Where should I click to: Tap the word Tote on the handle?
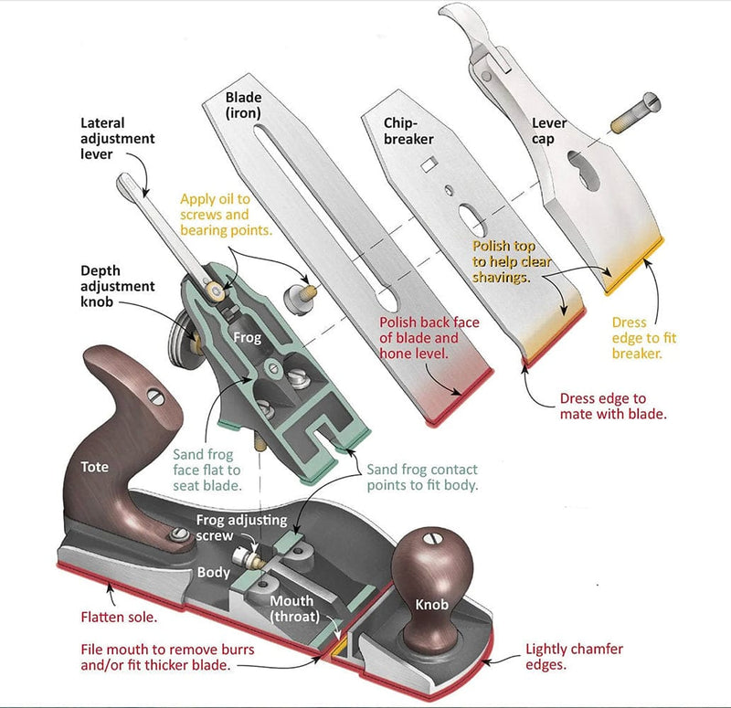click(94, 467)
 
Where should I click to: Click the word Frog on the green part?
click(247, 337)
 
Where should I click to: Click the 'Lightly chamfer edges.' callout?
click(574, 657)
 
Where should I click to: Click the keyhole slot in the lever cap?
click(581, 165)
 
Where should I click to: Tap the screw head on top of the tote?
click(154, 396)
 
